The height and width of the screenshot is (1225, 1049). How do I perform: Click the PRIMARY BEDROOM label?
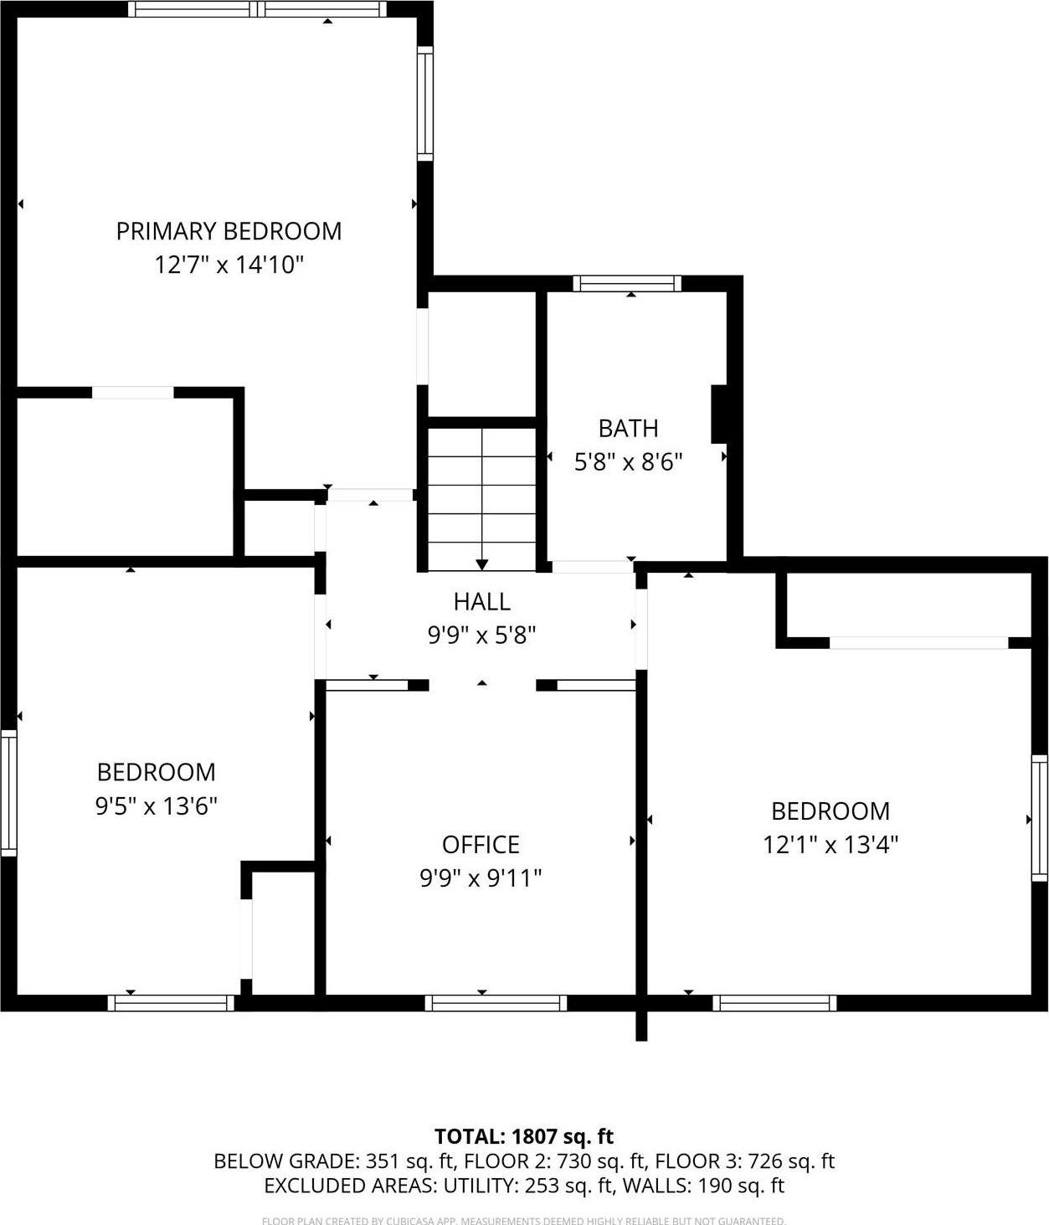click(229, 231)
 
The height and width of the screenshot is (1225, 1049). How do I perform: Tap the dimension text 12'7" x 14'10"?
click(229, 265)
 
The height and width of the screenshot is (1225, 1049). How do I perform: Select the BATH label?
click(628, 429)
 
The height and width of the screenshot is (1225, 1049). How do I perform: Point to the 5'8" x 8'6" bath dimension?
click(628, 462)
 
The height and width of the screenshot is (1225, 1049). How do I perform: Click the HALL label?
click(481, 601)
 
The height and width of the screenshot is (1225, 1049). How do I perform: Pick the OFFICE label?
click(481, 844)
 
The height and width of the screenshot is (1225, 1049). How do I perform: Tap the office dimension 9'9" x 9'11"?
click(481, 878)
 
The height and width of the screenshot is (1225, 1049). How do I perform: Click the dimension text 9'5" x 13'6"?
click(157, 806)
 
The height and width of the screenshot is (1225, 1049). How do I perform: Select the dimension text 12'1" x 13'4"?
click(830, 845)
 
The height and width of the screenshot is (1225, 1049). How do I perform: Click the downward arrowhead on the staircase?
click(482, 564)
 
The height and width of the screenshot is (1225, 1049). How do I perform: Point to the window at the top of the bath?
click(627, 284)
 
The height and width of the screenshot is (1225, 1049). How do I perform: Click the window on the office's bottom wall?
click(496, 1003)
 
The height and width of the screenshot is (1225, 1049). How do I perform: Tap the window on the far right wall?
click(1039, 817)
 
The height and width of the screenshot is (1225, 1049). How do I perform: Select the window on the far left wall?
click(8, 793)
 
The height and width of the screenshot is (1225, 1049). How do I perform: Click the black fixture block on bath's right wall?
click(718, 414)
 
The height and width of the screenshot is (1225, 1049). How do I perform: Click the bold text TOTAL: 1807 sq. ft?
click(524, 1136)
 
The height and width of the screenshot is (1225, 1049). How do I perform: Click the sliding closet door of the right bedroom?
click(918, 643)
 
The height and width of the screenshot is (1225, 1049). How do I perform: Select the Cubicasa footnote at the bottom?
click(524, 1221)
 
